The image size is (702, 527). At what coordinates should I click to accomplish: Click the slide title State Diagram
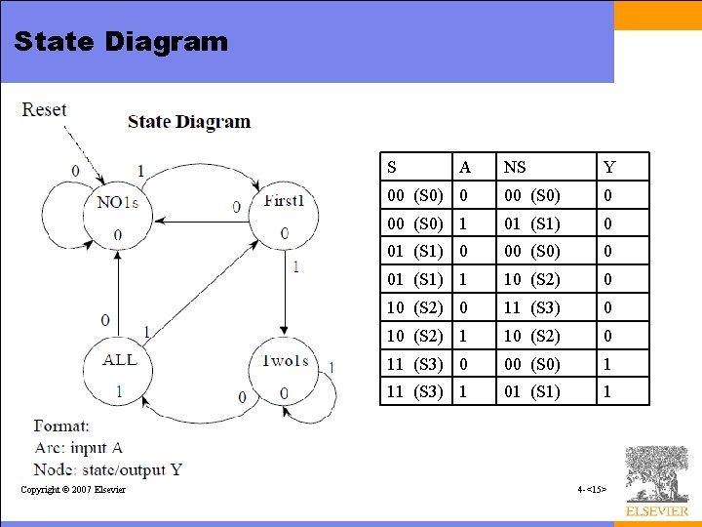121,42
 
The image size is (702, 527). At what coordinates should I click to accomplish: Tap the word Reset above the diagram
45,109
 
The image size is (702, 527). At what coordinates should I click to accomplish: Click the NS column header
515,168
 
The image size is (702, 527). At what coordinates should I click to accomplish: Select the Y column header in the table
609,168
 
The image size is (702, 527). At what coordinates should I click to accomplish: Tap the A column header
465,168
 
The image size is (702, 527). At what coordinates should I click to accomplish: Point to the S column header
392,168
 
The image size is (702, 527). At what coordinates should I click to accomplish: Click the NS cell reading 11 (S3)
531,307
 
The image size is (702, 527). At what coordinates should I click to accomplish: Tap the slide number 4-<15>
592,488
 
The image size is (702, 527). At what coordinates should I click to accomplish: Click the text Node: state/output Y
107,469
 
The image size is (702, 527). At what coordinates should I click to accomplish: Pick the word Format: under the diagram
61,426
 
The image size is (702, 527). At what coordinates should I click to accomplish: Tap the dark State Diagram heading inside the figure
189,122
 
